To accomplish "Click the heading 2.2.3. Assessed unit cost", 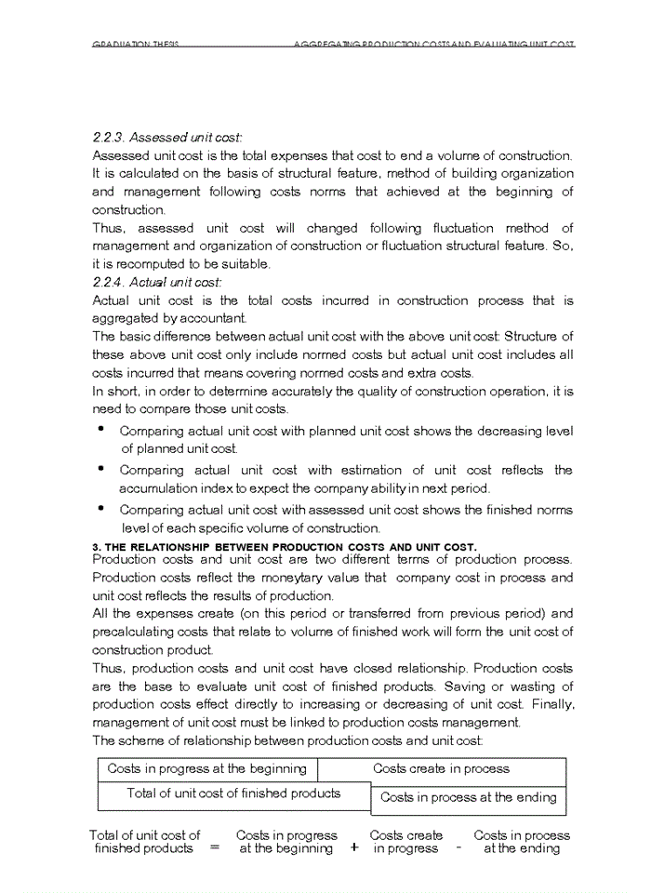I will coord(167,138).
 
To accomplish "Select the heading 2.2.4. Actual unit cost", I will coord(157,282).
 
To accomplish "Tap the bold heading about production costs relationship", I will coord(285,546).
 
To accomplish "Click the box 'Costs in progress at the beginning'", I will coord(206,769).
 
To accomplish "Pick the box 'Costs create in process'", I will coord(441,769).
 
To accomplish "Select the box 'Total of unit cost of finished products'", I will coord(233,794).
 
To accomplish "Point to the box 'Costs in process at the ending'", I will coord(468,798).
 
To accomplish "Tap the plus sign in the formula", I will coord(354,848).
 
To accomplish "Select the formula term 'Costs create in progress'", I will coord(406,842).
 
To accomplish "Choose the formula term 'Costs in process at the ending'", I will coord(522,842).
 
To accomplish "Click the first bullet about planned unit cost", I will coord(100,430).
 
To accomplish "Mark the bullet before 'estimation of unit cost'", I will coord(100,469).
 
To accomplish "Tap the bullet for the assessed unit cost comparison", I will coord(100,509).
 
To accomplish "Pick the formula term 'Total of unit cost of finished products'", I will coord(144,842).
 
